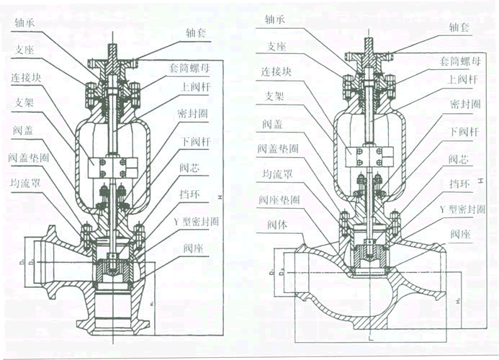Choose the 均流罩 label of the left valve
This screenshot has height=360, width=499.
pyautogui.click(x=25, y=182)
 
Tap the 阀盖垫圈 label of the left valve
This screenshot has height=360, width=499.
pyautogui.click(x=29, y=156)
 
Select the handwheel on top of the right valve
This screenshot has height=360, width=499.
pyautogui.click(x=369, y=55)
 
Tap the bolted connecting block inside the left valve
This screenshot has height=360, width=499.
pyautogui.click(x=107, y=168)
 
